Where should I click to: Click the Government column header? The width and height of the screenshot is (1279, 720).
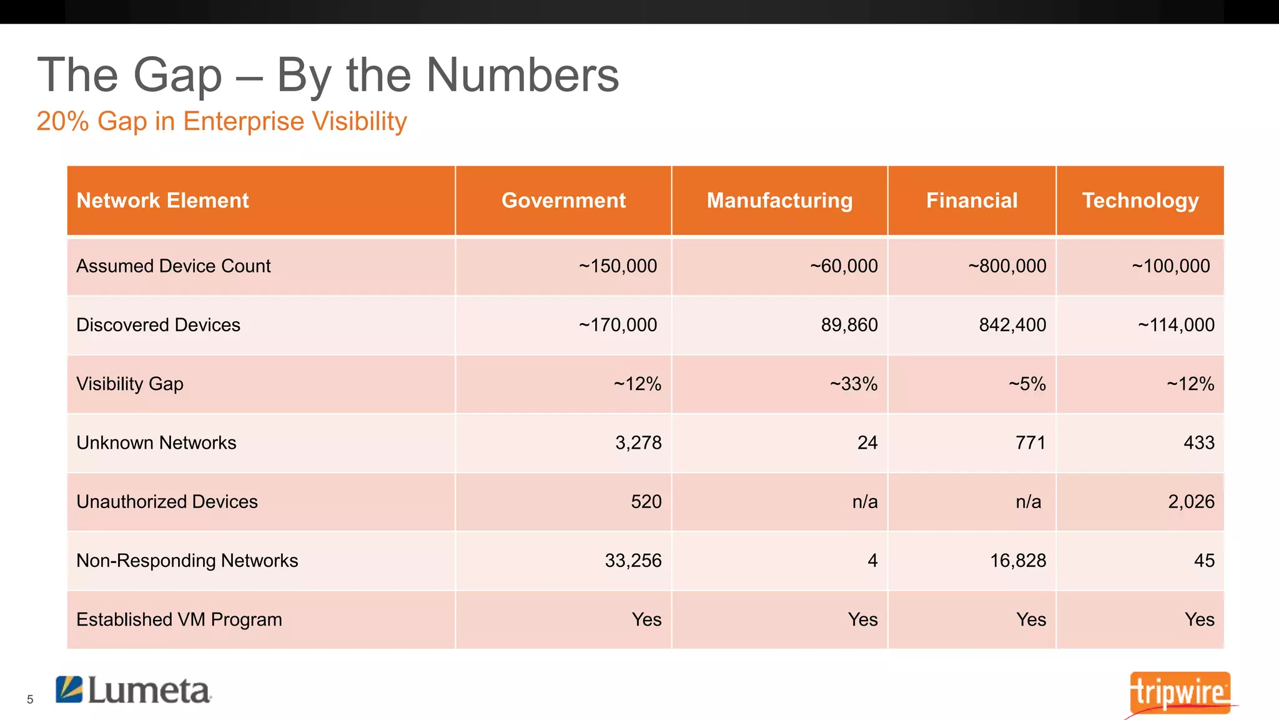pos(563,201)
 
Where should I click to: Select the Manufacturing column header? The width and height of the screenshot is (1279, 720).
pos(779,201)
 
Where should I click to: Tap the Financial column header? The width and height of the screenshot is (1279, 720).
pos(972,201)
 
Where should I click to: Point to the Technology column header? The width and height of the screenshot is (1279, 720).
pos(1140,201)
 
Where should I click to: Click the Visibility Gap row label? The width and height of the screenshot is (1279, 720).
pos(130,384)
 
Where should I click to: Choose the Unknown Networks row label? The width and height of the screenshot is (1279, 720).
pos(156,442)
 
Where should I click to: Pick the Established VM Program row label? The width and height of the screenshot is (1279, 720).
pos(179,619)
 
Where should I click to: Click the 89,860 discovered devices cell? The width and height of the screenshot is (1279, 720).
pos(849,325)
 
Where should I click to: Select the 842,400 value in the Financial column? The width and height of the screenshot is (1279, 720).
pos(1012,325)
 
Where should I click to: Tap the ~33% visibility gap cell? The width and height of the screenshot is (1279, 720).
pos(854,384)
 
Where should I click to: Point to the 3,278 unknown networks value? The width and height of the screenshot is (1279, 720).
pos(638,442)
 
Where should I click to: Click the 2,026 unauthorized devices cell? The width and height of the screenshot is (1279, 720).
pos(1191,501)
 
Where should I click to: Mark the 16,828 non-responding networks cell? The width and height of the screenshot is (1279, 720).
pos(1018,561)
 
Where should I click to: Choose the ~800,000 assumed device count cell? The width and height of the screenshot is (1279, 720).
pos(1007,266)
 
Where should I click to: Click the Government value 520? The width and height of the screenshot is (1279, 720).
pos(646,501)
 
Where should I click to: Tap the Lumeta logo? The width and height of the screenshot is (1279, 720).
pos(134,690)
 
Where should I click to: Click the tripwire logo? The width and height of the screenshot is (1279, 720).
pos(1180,692)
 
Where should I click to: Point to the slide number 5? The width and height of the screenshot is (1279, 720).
pos(30,699)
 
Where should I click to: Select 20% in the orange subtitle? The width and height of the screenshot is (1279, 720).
pos(62,121)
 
